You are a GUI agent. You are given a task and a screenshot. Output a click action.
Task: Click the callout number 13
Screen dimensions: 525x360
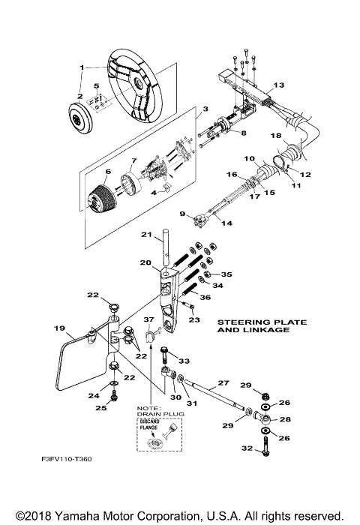coord(279,85)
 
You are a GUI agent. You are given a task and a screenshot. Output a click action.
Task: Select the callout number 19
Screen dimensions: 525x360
coord(58,328)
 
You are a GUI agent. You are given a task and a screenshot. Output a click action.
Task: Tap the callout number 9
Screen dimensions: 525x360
coord(182,214)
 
